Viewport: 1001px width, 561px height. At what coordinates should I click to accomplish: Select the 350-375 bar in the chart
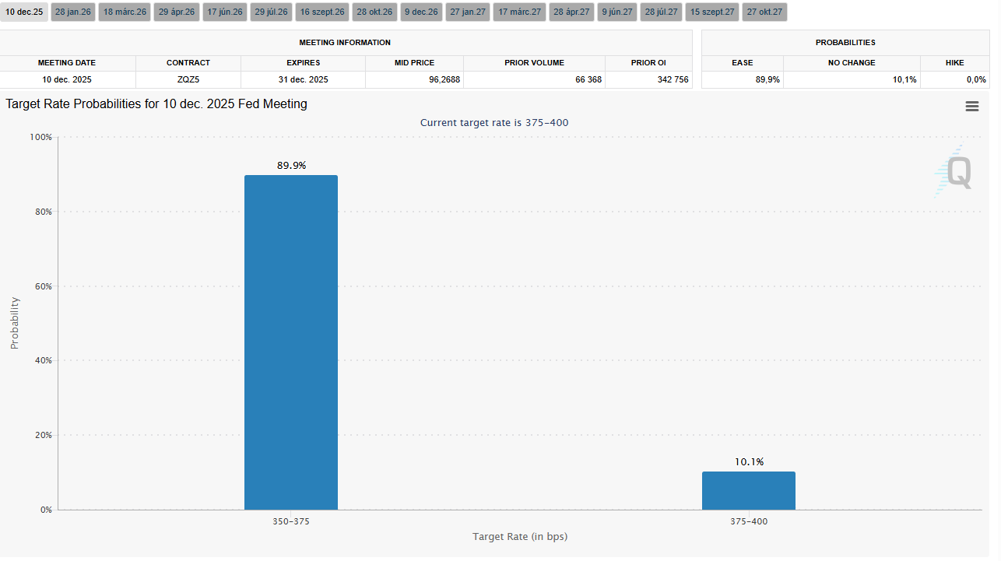pos(291,342)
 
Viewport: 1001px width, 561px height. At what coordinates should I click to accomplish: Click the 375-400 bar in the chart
pos(748,490)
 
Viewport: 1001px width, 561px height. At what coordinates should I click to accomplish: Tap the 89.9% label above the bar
pos(291,166)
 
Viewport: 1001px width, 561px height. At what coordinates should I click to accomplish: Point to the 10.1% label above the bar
pos(749,462)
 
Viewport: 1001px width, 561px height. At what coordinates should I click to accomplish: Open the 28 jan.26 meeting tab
pos(73,12)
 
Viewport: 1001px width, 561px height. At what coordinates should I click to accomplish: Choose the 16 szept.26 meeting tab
pos(322,12)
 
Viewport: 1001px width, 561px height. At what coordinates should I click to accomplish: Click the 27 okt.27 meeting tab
pos(764,12)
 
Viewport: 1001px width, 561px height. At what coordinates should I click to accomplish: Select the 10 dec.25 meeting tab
pos(24,12)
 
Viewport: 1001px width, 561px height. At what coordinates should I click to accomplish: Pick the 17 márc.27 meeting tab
pos(519,12)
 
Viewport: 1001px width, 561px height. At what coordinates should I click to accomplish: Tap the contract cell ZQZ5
pos(188,79)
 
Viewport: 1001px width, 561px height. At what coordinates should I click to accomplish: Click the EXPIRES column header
pos(303,62)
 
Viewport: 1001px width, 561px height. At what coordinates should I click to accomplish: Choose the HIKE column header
pos(954,62)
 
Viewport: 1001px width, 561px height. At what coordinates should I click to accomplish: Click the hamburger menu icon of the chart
pos(971,107)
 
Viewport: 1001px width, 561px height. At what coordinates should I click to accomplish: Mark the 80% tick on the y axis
pos(41,212)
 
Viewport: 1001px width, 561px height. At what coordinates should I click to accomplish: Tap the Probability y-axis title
pos(15,323)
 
